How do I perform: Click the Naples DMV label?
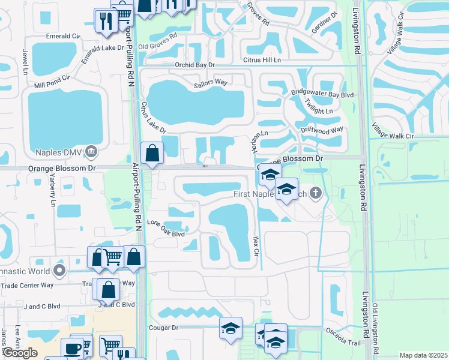(x=58, y=151)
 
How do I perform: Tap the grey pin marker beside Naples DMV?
(x=91, y=151)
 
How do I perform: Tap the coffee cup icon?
(x=72, y=349)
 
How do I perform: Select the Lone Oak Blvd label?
(x=166, y=234)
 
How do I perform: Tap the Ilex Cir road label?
(x=256, y=246)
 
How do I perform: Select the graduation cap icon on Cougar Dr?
(x=231, y=328)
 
